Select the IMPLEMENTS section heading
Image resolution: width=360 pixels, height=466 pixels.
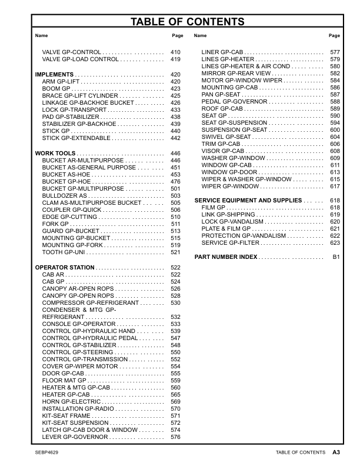pos(54,75)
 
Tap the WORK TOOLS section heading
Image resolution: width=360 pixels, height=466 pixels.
pos(55,154)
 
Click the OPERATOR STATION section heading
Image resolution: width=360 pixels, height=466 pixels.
pos(65,268)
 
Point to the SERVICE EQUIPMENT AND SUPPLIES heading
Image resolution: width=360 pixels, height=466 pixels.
pos(248,201)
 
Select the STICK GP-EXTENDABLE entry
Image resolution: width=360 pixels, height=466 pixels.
pos(76,138)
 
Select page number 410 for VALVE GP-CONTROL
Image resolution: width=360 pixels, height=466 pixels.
pos(175,52)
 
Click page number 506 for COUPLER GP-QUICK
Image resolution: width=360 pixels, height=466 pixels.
pos(175,210)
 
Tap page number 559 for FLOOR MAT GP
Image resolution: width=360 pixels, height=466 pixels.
pos(175,380)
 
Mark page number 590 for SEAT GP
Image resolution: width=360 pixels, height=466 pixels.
pos(335,116)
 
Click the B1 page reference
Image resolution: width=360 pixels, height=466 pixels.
pos(336,257)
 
